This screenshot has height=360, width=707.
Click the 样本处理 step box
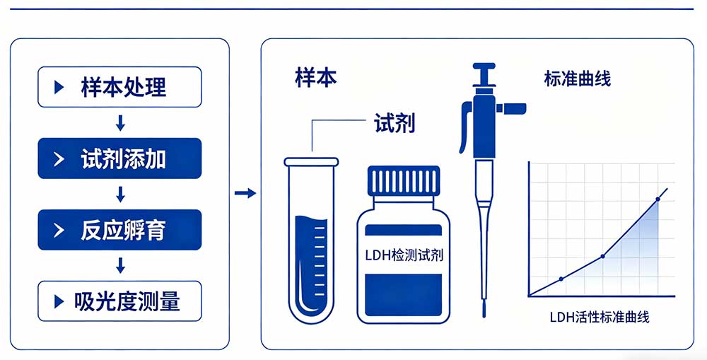coord(119,87)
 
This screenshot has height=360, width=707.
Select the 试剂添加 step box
coord(119,158)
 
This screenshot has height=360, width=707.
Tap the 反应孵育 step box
coord(119,230)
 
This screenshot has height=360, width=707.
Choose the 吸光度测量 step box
coord(119,301)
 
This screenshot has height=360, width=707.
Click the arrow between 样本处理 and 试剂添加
coord(120,123)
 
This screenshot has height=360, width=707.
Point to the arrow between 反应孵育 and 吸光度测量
coord(120,265)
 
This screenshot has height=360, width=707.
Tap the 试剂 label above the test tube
coord(394,124)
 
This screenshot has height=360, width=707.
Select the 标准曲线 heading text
coord(577,78)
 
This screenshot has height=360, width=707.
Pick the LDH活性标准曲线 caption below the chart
coord(599,317)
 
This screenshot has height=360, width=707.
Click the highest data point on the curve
coord(658,199)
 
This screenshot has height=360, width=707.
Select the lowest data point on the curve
coord(561,279)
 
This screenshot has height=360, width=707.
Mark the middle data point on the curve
coord(602,256)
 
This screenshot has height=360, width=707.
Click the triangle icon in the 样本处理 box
coord(59,87)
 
